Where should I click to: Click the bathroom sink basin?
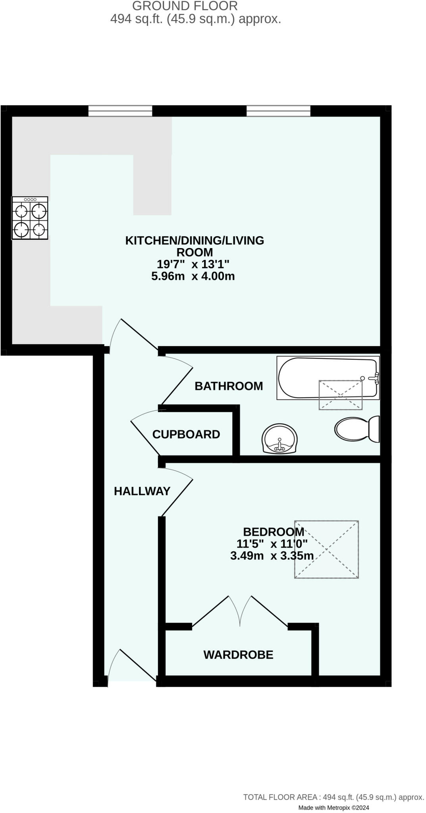coord(280,439)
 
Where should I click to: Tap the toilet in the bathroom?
coord(357,429)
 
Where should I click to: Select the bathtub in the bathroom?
coord(328,378)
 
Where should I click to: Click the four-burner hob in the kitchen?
coord(30,218)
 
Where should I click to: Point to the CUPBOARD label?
coord(186,434)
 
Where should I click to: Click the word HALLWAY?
coord(142,491)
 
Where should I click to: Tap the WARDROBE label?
coord(238,655)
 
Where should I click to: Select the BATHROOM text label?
coord(229,386)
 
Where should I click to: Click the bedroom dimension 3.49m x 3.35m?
coord(272,556)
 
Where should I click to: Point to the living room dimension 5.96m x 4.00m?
coord(193,276)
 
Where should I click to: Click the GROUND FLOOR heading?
coord(185,6)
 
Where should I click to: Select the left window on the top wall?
coord(120,111)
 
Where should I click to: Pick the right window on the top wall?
coord(278,111)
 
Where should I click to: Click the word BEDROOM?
coord(274,532)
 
